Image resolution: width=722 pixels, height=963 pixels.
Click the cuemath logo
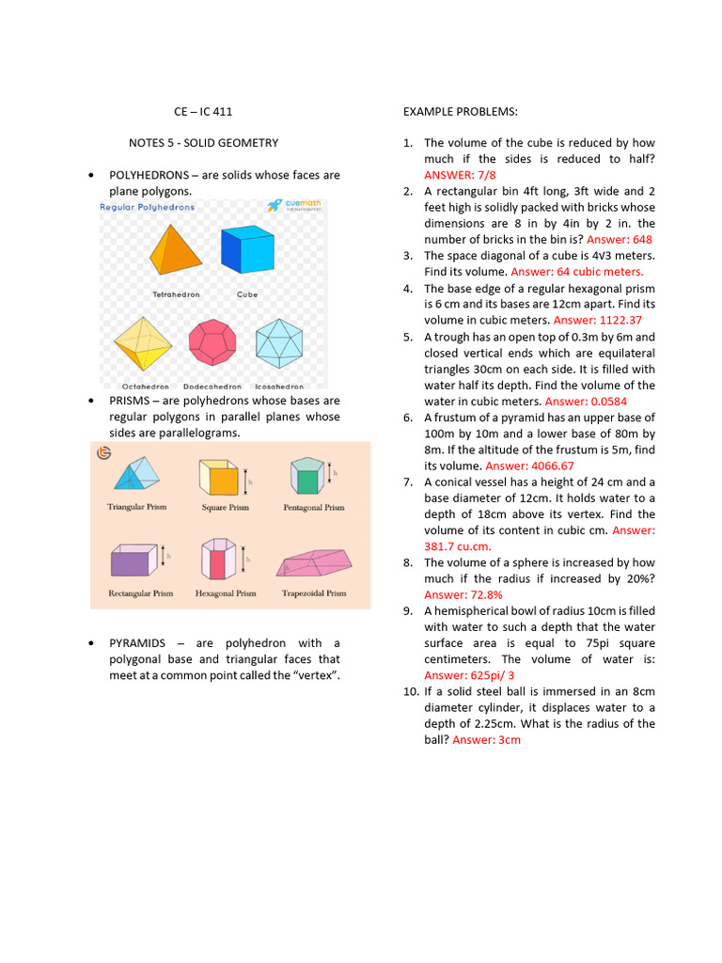click(x=293, y=206)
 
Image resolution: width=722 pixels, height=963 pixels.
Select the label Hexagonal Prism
click(x=226, y=593)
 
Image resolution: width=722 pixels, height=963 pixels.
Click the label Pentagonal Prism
click(x=314, y=507)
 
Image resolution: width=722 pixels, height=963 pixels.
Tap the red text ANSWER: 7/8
click(x=460, y=175)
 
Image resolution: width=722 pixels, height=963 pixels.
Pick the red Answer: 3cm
click(x=486, y=740)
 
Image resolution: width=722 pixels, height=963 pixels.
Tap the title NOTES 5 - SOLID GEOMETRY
click(x=203, y=143)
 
